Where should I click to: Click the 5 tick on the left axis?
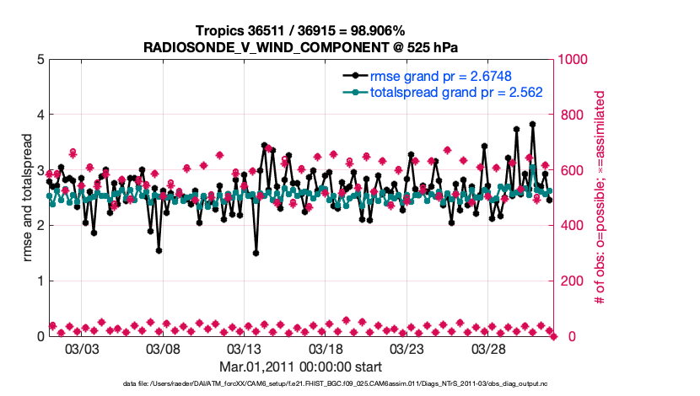40,60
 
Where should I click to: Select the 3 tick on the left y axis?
40,170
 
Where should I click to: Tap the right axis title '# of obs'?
601,198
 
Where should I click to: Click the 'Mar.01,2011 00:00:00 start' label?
300,367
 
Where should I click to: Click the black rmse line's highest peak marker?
533,124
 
